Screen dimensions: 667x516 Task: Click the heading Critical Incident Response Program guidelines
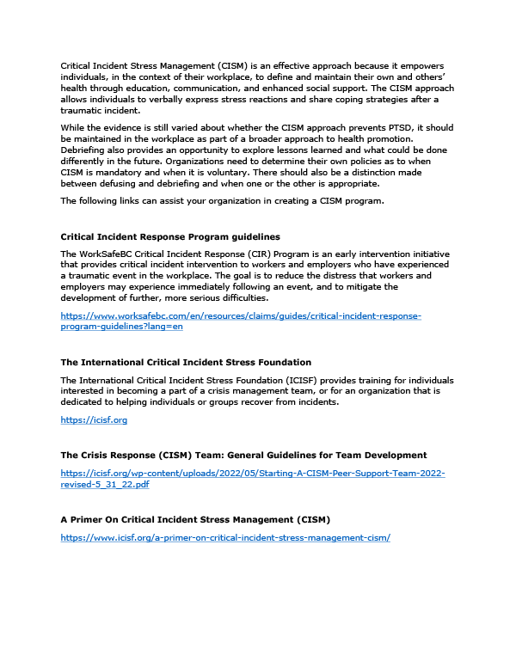point(169,236)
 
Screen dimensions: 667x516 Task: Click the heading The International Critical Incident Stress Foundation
point(186,362)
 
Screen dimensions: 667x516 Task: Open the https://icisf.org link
point(94,419)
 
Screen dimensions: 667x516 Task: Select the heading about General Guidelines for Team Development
point(243,455)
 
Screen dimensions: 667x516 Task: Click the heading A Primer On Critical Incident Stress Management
point(195,520)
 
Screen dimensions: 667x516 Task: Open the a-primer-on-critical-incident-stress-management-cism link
point(225,537)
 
